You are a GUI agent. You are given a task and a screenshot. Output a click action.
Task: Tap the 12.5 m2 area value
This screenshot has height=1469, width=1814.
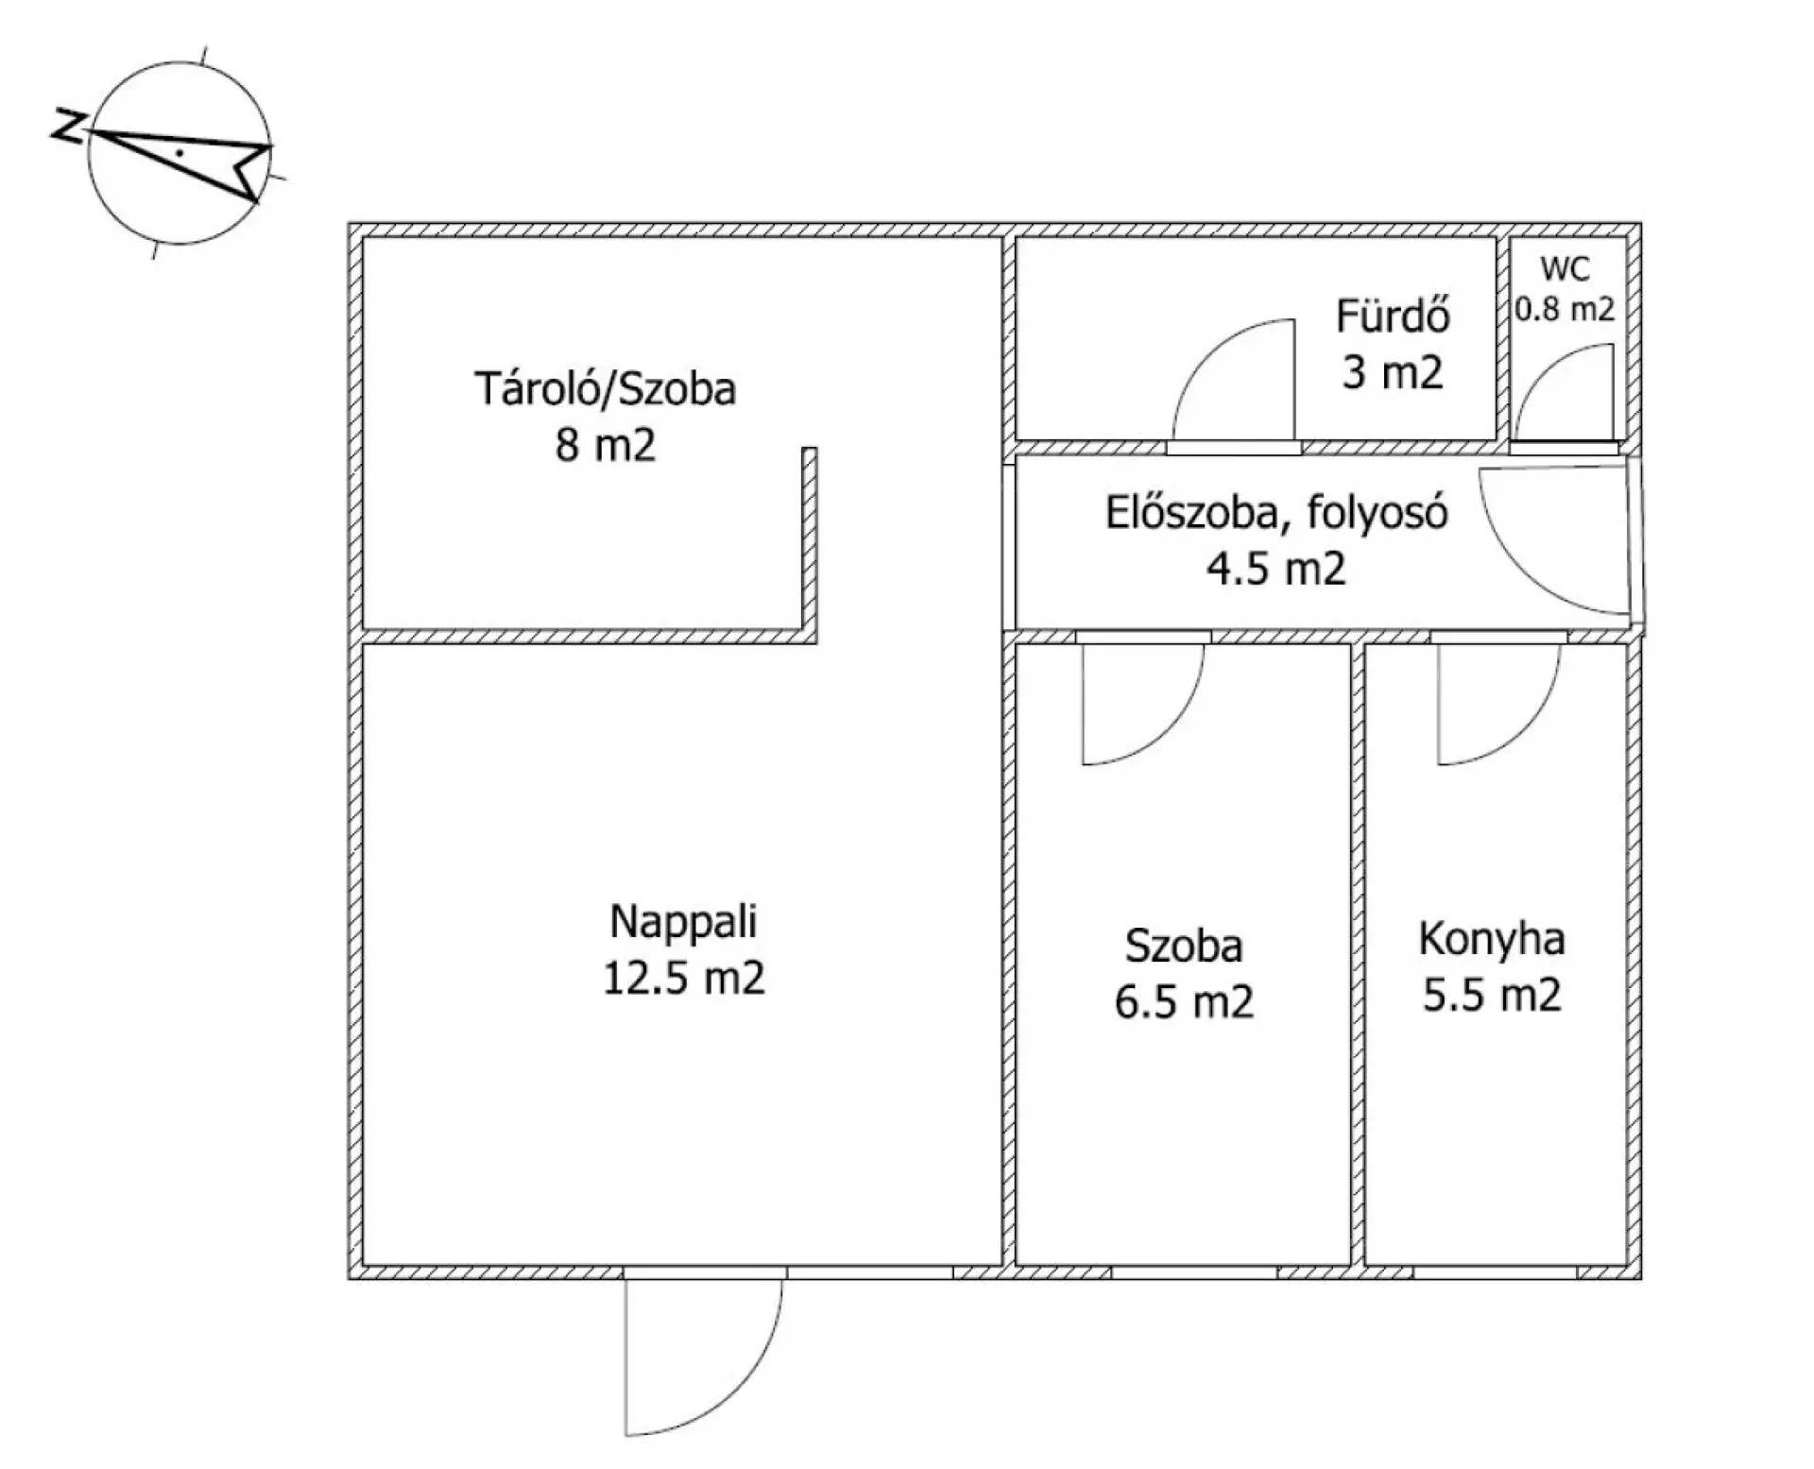coord(683,978)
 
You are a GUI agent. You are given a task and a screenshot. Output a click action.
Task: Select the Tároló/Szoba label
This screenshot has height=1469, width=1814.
coord(605,389)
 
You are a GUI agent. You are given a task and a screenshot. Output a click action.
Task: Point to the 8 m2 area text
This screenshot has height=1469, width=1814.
coord(605,444)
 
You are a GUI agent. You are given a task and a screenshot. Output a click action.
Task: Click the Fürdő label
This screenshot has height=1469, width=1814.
coord(1393,316)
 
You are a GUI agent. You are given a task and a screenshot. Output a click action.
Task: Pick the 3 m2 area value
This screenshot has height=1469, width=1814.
coord(1393,371)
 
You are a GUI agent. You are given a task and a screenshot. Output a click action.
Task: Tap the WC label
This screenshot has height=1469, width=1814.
coord(1566,269)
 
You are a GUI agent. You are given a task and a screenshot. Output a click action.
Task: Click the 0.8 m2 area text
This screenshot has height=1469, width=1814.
coord(1566,309)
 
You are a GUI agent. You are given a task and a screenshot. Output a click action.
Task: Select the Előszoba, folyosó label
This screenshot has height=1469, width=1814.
coord(1276,515)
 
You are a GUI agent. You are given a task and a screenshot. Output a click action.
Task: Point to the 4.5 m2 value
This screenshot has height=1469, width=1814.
coord(1276,570)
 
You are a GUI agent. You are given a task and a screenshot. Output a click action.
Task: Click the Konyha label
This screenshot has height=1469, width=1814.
coord(1492,940)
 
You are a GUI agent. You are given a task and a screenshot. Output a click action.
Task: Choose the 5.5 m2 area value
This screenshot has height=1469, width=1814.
coord(1492,996)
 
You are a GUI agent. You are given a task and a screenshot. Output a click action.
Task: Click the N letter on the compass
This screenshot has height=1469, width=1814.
coord(66,127)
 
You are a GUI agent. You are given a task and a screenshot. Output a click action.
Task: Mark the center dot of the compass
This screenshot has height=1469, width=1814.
coord(180,152)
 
